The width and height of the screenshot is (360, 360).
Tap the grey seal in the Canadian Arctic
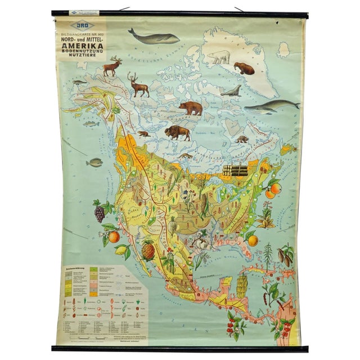tap(230, 91)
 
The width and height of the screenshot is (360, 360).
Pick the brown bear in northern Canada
tap(191, 107)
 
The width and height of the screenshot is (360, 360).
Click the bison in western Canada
tap(177, 133)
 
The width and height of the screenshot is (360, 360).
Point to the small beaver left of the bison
tap(143, 134)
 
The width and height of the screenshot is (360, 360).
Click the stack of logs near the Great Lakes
tap(235, 170)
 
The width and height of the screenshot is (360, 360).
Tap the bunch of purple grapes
tap(100, 213)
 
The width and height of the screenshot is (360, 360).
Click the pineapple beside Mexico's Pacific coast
tap(148, 249)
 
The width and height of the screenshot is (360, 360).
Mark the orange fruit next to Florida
tap(253, 240)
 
